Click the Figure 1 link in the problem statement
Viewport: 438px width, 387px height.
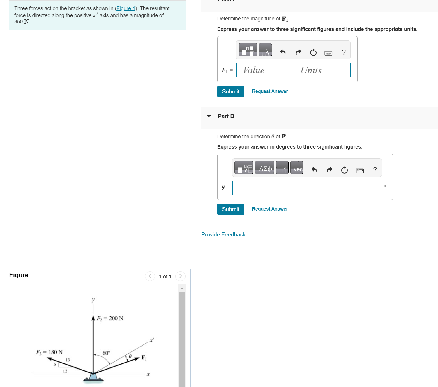(126, 8)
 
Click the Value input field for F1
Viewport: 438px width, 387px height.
(264, 70)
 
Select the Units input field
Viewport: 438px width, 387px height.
(322, 70)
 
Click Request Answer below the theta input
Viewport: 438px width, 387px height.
(270, 209)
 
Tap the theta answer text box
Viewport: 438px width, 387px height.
(306, 188)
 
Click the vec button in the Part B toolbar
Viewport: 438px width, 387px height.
(296, 168)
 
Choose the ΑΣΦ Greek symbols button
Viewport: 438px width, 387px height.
(264, 168)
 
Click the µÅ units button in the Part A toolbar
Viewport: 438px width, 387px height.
(265, 50)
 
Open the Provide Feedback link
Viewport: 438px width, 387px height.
(223, 235)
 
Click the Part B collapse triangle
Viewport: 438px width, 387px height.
(209, 116)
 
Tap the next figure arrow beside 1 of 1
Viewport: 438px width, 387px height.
(180, 276)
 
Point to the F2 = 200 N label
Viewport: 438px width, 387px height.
(110, 318)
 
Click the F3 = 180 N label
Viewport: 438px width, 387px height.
(49, 352)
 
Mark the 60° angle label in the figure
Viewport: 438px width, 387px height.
(106, 353)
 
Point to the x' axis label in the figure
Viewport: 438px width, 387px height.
(151, 340)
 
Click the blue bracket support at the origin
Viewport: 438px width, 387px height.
(93, 377)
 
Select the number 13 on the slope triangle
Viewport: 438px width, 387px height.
(68, 360)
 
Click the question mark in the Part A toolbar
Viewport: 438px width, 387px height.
(344, 52)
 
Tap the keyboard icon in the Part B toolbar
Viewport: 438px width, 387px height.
(360, 170)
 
